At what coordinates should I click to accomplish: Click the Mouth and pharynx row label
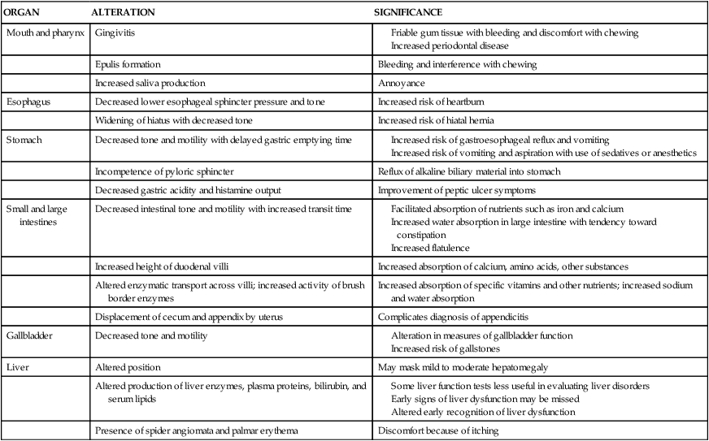(45, 33)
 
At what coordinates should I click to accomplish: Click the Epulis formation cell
(128, 64)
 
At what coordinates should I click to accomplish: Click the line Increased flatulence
(431, 247)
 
